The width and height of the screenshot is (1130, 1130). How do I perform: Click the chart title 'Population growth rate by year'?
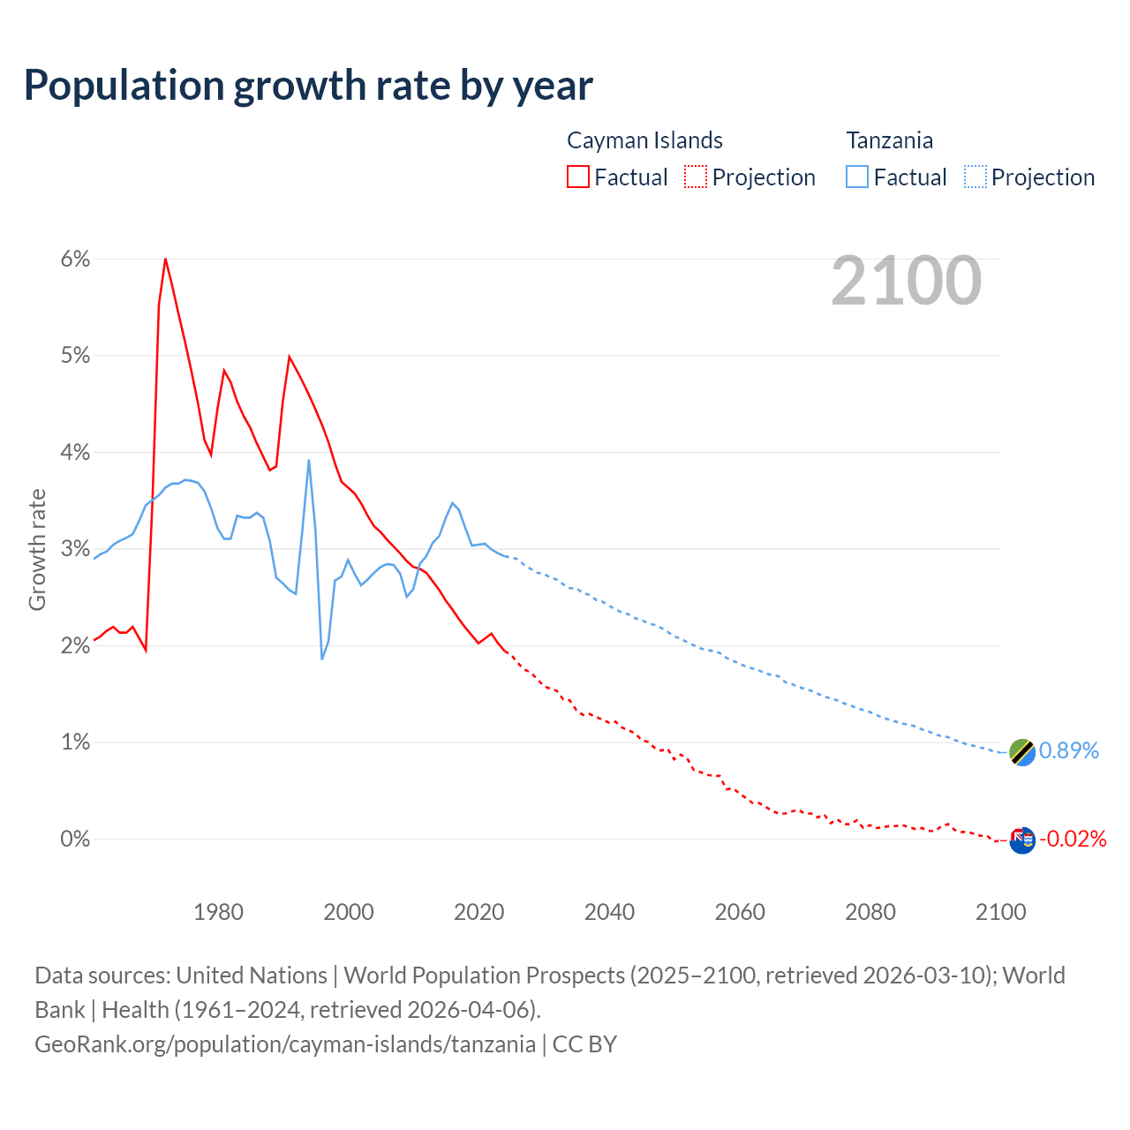308,86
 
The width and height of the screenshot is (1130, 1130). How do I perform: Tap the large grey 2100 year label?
906,281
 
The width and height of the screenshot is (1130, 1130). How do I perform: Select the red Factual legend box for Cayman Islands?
577,177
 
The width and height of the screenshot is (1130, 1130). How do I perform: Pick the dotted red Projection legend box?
696,177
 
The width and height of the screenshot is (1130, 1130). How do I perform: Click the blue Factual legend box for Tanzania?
857,177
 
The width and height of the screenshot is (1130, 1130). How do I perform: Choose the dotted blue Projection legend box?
976,177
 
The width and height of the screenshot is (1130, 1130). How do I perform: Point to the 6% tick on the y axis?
75,259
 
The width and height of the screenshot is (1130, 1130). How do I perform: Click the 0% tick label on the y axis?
75,839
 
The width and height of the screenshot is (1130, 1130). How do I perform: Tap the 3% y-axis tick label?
75,549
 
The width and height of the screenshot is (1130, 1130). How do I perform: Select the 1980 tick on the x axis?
218,912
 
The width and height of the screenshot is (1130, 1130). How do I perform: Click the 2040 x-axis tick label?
609,912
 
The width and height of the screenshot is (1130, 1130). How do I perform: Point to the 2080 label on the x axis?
870,912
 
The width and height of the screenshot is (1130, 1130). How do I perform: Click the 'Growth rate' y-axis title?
37,549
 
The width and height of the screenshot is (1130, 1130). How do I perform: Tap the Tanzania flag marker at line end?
1021,752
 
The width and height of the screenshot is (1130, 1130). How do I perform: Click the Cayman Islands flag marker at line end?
1021,840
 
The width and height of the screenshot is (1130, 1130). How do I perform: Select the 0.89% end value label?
1068,750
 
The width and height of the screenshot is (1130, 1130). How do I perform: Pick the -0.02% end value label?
1073,839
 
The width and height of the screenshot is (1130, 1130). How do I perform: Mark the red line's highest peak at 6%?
165,259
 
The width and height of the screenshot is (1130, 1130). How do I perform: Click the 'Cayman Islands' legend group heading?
644,140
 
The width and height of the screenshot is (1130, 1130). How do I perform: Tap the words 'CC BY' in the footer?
584,1043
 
